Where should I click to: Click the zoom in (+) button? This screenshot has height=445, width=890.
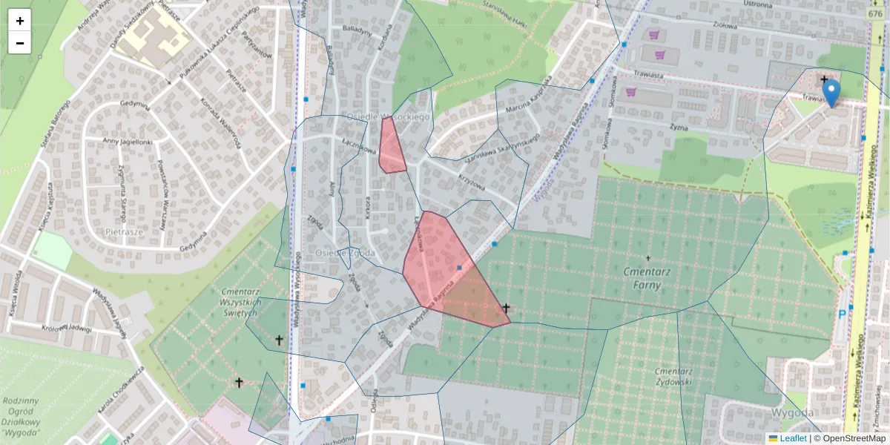coord(20,21)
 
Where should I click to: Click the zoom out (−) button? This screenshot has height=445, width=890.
coord(20,43)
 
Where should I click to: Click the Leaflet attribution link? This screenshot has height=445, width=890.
coord(793,438)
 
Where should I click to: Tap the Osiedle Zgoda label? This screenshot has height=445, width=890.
coord(345,253)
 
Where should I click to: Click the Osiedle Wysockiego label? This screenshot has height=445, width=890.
coord(389,117)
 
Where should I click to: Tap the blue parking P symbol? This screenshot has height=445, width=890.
coord(842,314)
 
